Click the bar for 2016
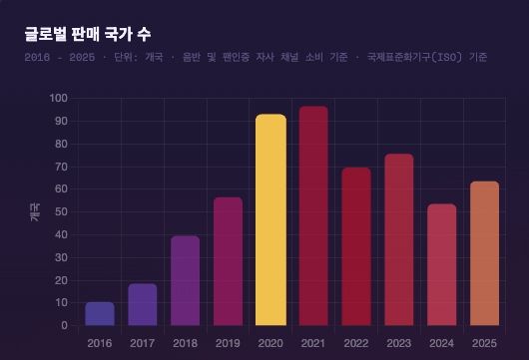click(100, 313)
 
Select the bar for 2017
click(143, 304)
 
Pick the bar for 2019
click(228, 261)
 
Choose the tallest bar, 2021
click(313, 215)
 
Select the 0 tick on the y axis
click(63, 325)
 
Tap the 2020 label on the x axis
click(270, 343)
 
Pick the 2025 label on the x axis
click(484, 343)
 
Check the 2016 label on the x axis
click(100, 343)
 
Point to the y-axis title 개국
click(35, 211)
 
